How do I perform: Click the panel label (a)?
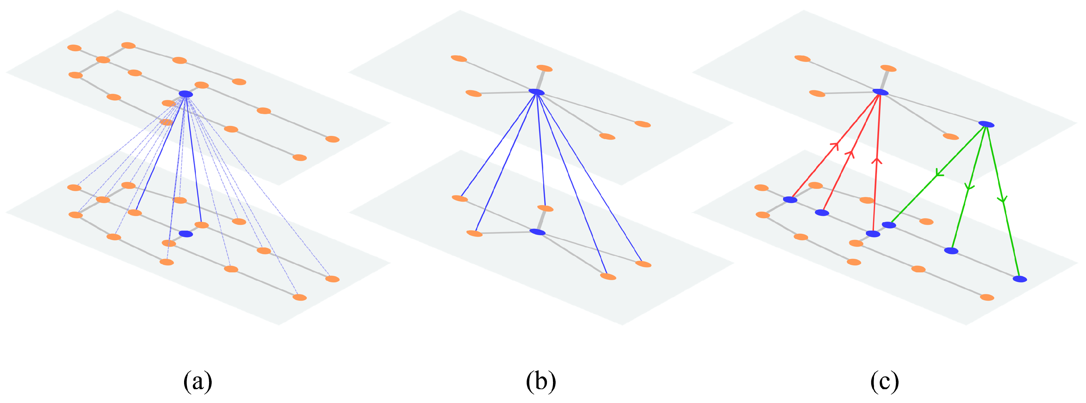(x=197, y=381)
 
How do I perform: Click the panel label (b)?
(x=541, y=381)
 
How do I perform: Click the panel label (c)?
(x=884, y=381)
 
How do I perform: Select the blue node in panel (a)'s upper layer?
(x=186, y=94)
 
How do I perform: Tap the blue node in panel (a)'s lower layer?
(x=186, y=234)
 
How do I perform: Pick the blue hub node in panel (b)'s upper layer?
(x=537, y=92)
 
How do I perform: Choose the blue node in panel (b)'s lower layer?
(x=537, y=232)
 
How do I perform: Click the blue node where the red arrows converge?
(x=880, y=92)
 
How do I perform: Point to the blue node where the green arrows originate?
(x=986, y=124)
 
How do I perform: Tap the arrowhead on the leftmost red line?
(x=835, y=145)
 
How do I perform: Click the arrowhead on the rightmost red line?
(x=877, y=161)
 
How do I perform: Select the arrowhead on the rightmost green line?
(x=1003, y=199)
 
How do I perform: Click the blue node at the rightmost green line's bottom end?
(x=1020, y=279)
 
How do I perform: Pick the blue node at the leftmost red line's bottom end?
(x=790, y=199)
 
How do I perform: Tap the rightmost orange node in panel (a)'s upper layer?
(x=332, y=139)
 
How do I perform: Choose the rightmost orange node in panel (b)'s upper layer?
(x=642, y=124)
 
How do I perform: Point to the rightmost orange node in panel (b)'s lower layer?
(x=643, y=264)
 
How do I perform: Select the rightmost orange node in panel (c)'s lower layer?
(x=987, y=298)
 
